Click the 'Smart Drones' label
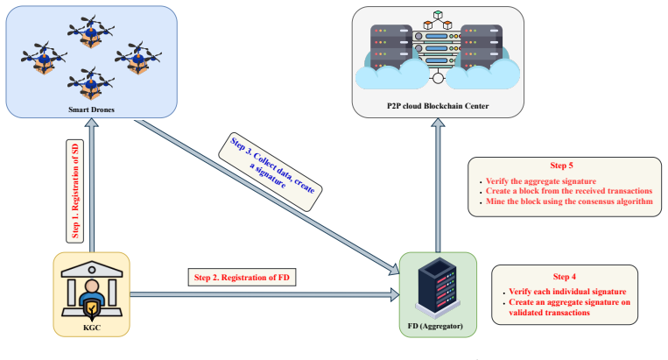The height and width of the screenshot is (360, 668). pyautogui.click(x=91, y=109)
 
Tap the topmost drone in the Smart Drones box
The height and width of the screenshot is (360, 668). pyautogui.click(x=91, y=32)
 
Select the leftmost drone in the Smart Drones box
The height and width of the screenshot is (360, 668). pyautogui.click(x=45, y=58)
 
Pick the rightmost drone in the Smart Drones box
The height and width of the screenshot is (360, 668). pyautogui.click(x=138, y=58)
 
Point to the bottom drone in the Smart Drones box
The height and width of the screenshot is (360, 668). pyautogui.click(x=91, y=83)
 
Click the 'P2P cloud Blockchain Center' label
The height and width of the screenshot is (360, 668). pyautogui.click(x=438, y=106)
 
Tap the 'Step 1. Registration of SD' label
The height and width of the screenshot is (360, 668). pyautogui.click(x=75, y=191)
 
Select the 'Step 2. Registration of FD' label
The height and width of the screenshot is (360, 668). pyautogui.click(x=242, y=278)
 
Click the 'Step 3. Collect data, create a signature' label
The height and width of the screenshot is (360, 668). pyautogui.click(x=271, y=171)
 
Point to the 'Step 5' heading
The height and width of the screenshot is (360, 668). pyautogui.click(x=561, y=166)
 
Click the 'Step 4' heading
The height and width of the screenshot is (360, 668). pyautogui.click(x=564, y=277)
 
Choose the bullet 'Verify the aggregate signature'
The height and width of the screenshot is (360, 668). pyautogui.click(x=541, y=181)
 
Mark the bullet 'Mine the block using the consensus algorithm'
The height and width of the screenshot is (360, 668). pyautogui.click(x=569, y=201)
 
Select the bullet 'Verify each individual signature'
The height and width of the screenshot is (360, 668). pyautogui.click(x=567, y=292)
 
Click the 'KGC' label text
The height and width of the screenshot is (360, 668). pyautogui.click(x=92, y=328)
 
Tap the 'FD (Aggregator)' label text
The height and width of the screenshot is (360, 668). pyautogui.click(x=435, y=326)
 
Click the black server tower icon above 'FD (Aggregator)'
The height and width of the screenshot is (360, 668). pyautogui.click(x=438, y=287)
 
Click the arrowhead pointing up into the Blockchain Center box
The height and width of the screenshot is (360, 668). pyautogui.click(x=438, y=123)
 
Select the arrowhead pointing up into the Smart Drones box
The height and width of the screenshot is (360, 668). pyautogui.click(x=92, y=123)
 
